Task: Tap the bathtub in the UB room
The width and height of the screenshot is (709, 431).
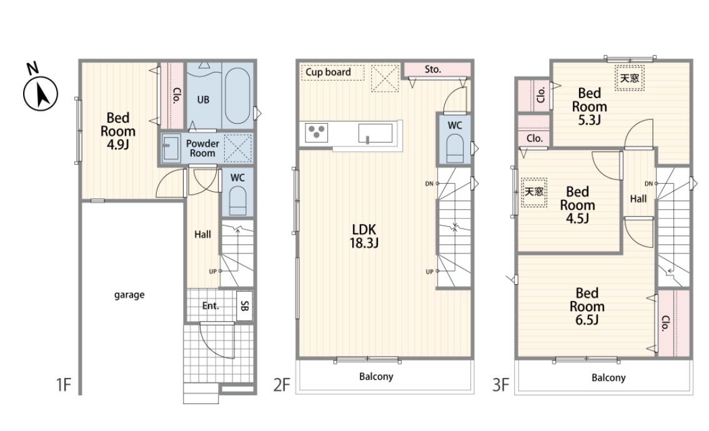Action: click(x=237, y=96)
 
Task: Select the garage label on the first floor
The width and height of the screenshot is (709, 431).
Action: click(x=129, y=295)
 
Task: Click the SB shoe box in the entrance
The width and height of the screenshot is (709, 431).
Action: click(x=244, y=305)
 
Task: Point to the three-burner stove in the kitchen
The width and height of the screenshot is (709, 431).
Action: click(x=316, y=132)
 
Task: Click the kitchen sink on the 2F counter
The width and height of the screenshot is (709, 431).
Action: click(x=375, y=133)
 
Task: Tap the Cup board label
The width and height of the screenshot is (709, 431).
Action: click(x=329, y=72)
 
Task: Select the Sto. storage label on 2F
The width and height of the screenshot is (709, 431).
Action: click(x=433, y=69)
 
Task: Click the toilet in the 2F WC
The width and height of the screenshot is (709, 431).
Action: click(x=454, y=149)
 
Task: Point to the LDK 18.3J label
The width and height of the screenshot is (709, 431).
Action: click(x=364, y=236)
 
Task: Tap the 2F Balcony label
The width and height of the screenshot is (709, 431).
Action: click(x=376, y=376)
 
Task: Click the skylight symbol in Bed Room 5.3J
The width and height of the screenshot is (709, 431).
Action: click(x=630, y=78)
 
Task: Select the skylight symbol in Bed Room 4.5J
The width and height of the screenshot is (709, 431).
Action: click(x=534, y=192)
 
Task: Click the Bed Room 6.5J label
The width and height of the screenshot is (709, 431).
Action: click(x=587, y=306)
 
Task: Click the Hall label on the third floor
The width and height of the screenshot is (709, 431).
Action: click(x=638, y=199)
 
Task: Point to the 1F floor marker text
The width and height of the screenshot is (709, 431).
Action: click(x=64, y=385)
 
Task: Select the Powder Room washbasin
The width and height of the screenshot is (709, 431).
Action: click(x=171, y=147)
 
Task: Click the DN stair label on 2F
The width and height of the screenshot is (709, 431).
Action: click(x=429, y=184)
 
